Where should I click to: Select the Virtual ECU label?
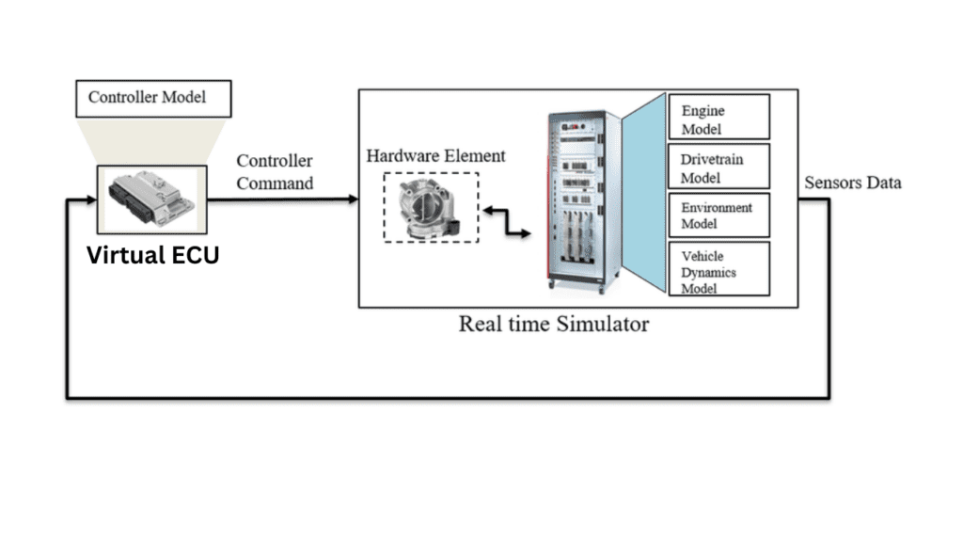pos(152,255)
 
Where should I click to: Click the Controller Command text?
pos(275,172)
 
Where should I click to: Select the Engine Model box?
pos(718,117)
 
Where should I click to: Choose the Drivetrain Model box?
pos(718,167)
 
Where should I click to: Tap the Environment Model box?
pos(718,215)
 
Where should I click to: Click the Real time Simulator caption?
pos(553,325)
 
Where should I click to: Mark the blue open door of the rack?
pos(643,188)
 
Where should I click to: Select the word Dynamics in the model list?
pos(708,273)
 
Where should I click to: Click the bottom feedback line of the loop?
pos(448,397)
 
